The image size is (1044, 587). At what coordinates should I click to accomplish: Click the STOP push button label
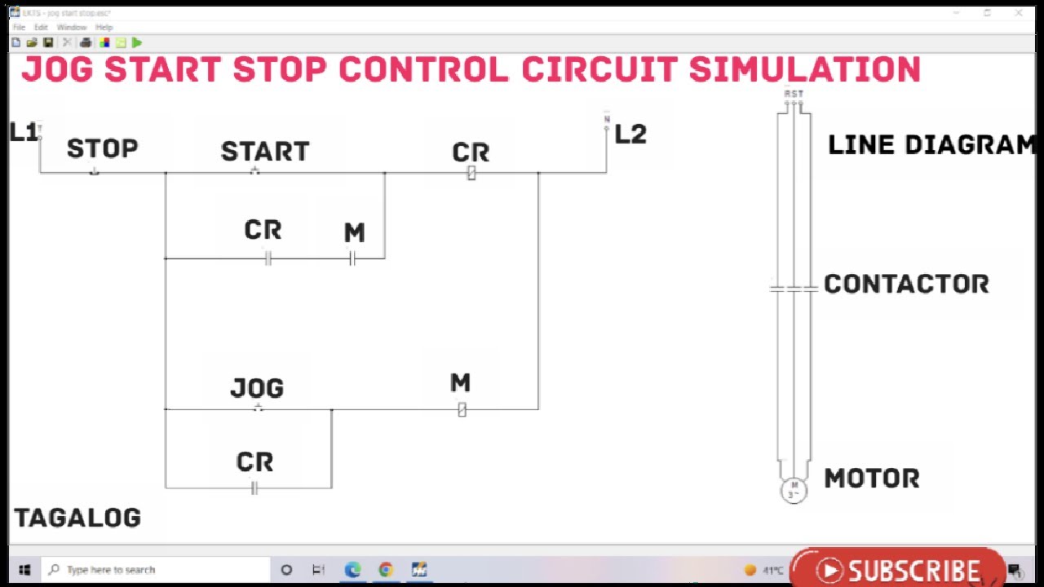coord(102,149)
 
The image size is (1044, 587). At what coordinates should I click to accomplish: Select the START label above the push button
coord(265,152)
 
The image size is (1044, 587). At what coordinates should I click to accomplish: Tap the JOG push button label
coord(257,388)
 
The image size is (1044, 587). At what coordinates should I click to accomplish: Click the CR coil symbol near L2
coord(471,173)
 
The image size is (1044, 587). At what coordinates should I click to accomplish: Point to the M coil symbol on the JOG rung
coord(462,409)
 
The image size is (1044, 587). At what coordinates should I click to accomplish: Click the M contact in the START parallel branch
coord(352,258)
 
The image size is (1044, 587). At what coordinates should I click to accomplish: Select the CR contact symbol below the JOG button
coord(254,488)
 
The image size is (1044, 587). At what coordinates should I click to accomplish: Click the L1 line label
coord(23,133)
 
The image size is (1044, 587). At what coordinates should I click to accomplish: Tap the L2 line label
coord(630,135)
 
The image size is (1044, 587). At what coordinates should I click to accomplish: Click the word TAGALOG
coord(77,518)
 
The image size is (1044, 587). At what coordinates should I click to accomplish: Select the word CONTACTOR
coord(906,285)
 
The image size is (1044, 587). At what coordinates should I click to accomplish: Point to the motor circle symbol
coord(794,490)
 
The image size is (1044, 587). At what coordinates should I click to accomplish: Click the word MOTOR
coord(872,479)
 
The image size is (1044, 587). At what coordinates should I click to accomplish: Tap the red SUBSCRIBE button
coord(897,569)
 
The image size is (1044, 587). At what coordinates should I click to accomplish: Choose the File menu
coord(19,27)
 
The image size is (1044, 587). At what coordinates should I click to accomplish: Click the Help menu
coord(104,27)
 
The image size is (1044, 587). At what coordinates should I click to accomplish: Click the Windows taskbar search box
coord(155,570)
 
